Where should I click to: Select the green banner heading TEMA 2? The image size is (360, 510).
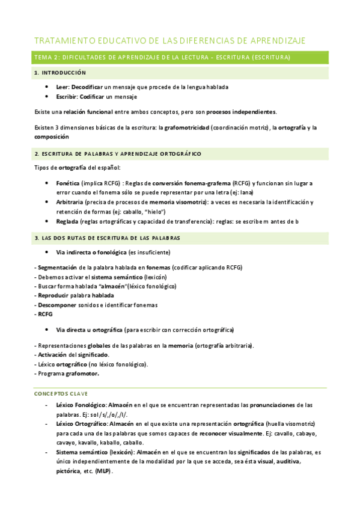162,58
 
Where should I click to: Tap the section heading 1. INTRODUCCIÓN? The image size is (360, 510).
60,73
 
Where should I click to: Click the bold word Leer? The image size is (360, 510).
63,87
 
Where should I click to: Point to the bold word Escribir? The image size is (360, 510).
67,96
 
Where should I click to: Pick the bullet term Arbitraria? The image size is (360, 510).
69,202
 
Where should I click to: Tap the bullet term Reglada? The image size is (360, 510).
67,221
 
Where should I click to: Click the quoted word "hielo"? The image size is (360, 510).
154,212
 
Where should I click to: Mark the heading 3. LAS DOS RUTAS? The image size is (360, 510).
107,238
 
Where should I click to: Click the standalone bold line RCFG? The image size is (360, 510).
45,314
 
